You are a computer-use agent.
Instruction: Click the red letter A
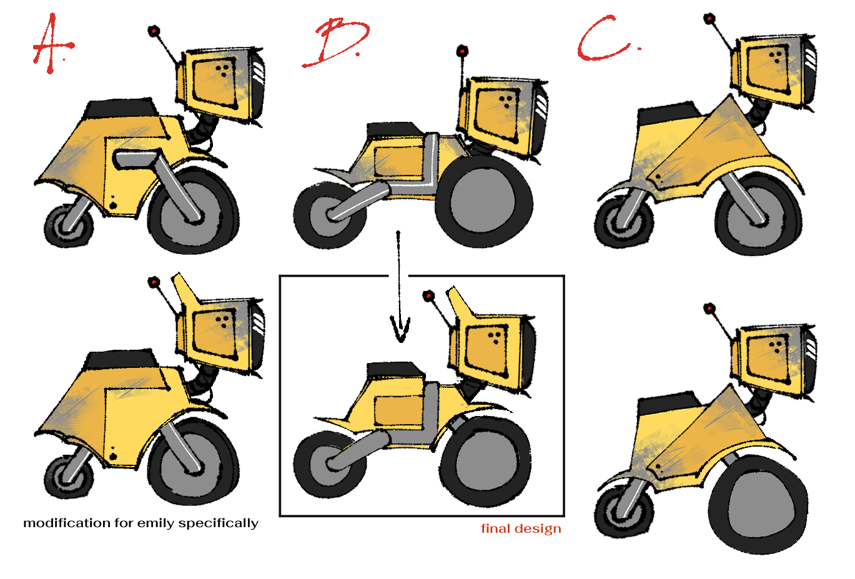pos(52,45)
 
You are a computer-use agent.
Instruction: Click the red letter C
pos(603,38)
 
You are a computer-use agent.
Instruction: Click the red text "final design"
pos(521,529)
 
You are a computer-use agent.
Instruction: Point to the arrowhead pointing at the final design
pos(400,329)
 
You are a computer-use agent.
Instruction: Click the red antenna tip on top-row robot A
pos(154,31)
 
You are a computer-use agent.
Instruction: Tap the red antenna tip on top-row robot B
pos(462,51)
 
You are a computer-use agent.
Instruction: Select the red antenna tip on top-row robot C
pos(709,18)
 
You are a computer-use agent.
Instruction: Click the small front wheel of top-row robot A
pos(69,226)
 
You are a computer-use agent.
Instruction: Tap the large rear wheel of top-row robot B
pos(484,201)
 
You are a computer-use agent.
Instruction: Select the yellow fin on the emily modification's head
pos(184,287)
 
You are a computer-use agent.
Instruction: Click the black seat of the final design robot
pos(395,370)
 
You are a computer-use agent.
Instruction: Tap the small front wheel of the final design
pos(330,465)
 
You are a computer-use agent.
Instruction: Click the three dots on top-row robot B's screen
pos(506,101)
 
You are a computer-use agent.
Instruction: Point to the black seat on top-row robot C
pos(670,114)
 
